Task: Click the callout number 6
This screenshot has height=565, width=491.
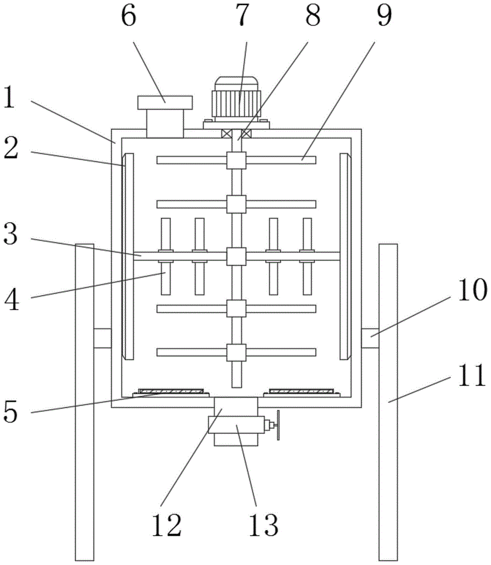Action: [x=129, y=16]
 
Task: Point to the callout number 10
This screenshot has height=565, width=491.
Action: [x=472, y=290]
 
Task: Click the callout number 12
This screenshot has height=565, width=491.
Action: [x=166, y=525]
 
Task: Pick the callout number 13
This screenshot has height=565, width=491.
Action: [x=264, y=525]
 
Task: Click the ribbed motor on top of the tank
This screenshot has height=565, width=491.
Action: [x=237, y=97]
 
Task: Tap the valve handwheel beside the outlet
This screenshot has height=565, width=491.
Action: [x=278, y=425]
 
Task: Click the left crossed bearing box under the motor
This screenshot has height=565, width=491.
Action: [x=226, y=134]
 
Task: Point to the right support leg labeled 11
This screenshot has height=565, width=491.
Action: [x=388, y=402]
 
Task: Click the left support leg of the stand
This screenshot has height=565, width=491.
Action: [x=85, y=402]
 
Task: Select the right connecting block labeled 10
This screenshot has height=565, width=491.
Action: [x=370, y=338]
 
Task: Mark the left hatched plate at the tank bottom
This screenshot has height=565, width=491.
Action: [x=171, y=392]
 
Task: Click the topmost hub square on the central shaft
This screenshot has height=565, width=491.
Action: [x=236, y=160]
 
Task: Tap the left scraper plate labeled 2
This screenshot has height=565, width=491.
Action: [x=129, y=256]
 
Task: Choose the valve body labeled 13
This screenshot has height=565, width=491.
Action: [x=236, y=425]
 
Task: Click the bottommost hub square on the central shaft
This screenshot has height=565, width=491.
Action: [x=236, y=353]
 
